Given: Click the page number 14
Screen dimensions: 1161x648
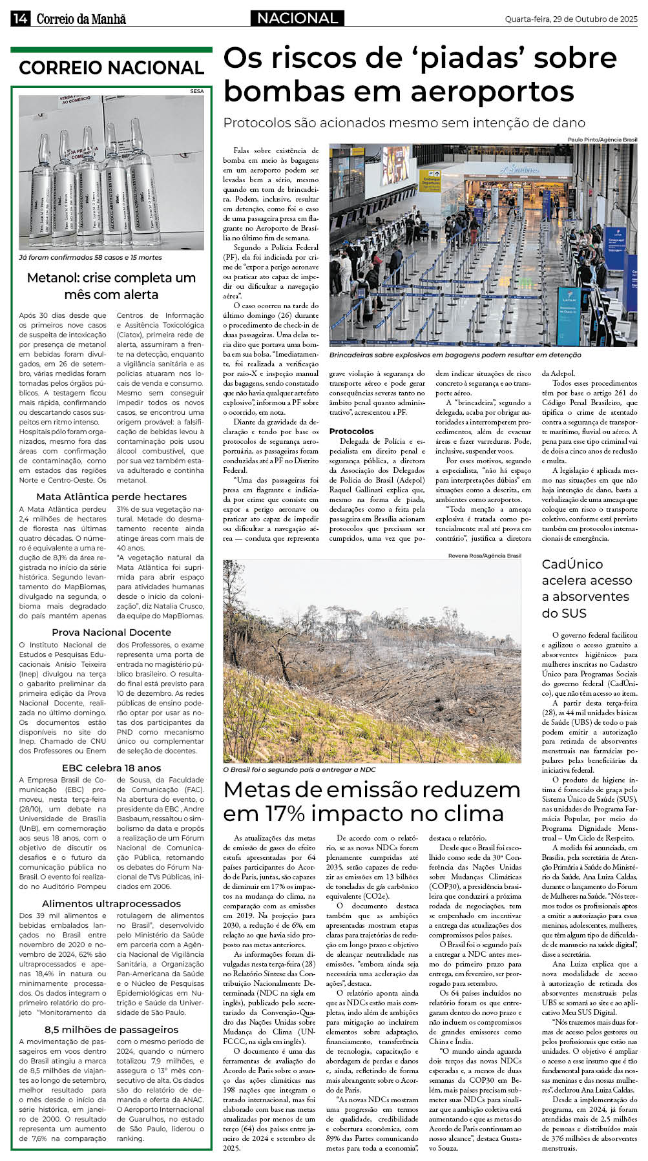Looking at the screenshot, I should pyautogui.click(x=19, y=19).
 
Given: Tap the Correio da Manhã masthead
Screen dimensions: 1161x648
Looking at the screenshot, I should pyautogui.click(x=81, y=19).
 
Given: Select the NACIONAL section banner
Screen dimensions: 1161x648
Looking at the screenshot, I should pyautogui.click(x=297, y=19).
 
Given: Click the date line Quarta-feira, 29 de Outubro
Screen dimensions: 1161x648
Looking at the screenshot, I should pyautogui.click(x=570, y=19).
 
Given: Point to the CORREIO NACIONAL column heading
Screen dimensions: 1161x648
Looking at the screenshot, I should pyautogui.click(x=111, y=68).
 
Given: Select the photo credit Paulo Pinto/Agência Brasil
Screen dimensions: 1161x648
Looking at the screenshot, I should pyautogui.click(x=602, y=140).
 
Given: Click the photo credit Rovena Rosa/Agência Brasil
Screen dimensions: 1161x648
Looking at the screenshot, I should pyautogui.click(x=485, y=556).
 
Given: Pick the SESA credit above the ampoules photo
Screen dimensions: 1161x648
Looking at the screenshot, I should pyautogui.click(x=196, y=91).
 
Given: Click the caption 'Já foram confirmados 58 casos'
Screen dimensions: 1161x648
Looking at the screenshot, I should pyautogui.click(x=90, y=257).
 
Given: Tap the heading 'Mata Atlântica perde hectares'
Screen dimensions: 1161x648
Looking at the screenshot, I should pyautogui.click(x=111, y=497).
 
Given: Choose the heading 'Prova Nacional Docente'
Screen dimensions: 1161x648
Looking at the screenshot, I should pyautogui.click(x=111, y=633).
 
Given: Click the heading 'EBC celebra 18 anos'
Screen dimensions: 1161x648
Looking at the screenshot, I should pyautogui.click(x=111, y=768).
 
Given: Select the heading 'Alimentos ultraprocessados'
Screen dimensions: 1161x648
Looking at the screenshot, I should pyautogui.click(x=111, y=904).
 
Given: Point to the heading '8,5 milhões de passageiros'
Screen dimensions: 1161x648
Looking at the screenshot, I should pyautogui.click(x=111, y=1030).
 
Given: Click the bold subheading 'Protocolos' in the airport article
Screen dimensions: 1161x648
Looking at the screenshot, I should pyautogui.click(x=351, y=431).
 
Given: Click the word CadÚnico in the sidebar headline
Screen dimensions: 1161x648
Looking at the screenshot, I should pyautogui.click(x=572, y=564).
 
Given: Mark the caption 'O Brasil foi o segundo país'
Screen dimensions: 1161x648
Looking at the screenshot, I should pyautogui.click(x=299, y=769).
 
